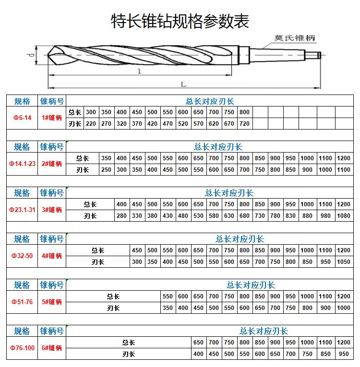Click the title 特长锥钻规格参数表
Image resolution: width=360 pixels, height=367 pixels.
[x=180, y=21]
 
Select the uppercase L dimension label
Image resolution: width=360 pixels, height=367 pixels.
[x=183, y=84]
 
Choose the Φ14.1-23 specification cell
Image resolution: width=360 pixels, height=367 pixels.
[x=22, y=164]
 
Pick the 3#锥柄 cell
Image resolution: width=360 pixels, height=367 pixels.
[x=52, y=210]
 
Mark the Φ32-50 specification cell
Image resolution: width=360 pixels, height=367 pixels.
[x=22, y=256]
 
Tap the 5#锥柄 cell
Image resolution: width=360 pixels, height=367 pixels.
[x=52, y=302]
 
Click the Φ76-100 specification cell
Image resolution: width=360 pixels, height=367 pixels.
[x=22, y=348]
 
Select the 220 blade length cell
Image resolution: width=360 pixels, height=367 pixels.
[x=91, y=124]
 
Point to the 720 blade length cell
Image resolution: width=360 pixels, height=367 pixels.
[x=244, y=124]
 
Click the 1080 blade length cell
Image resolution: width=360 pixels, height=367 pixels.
[x=344, y=216]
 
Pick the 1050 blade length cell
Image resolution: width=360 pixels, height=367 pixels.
[x=344, y=262]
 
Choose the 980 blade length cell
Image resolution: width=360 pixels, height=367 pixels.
[x=325, y=216]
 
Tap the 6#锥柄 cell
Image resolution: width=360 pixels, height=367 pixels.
[x=52, y=348]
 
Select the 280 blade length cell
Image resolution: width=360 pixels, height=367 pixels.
[x=122, y=216]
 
